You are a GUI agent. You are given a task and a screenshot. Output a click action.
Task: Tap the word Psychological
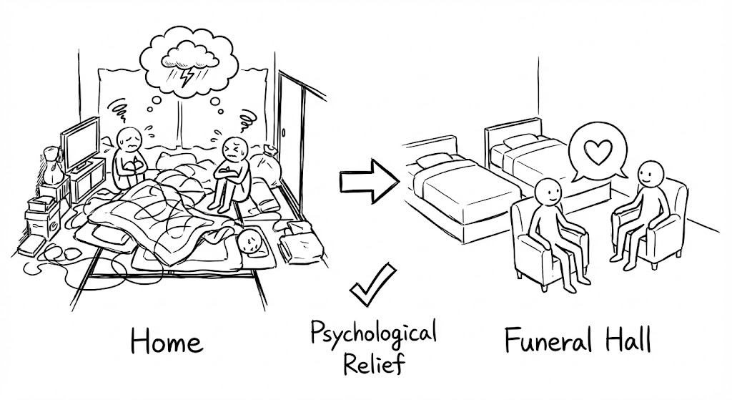coord(373,332)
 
